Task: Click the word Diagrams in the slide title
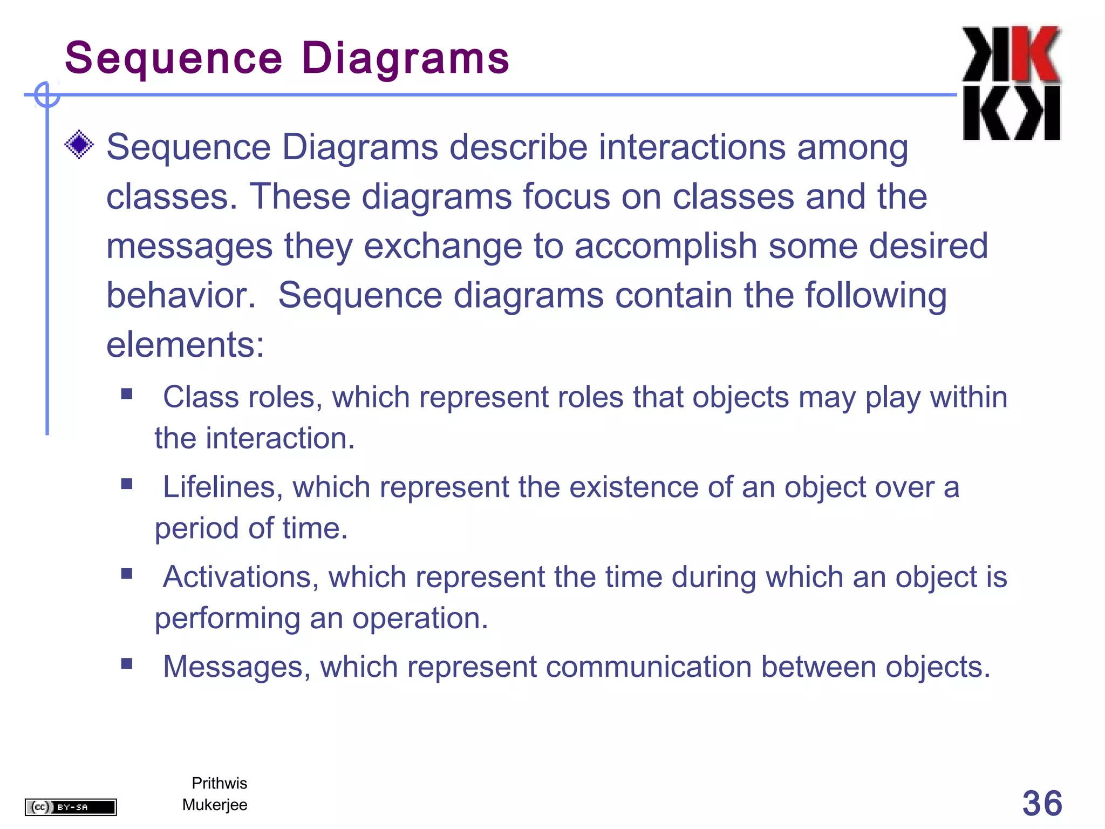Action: click(x=405, y=58)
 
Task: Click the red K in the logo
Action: click(x=1034, y=54)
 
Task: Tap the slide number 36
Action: click(x=1042, y=803)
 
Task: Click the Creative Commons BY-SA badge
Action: click(x=71, y=807)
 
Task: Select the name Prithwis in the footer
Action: click(x=219, y=783)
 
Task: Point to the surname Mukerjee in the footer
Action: click(x=215, y=805)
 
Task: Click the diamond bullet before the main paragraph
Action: click(x=79, y=145)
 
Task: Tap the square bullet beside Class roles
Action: click(x=127, y=394)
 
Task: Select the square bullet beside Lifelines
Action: click(x=127, y=484)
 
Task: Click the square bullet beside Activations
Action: click(x=127, y=574)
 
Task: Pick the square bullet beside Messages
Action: click(x=127, y=664)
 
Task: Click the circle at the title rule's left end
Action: click(x=47, y=95)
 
